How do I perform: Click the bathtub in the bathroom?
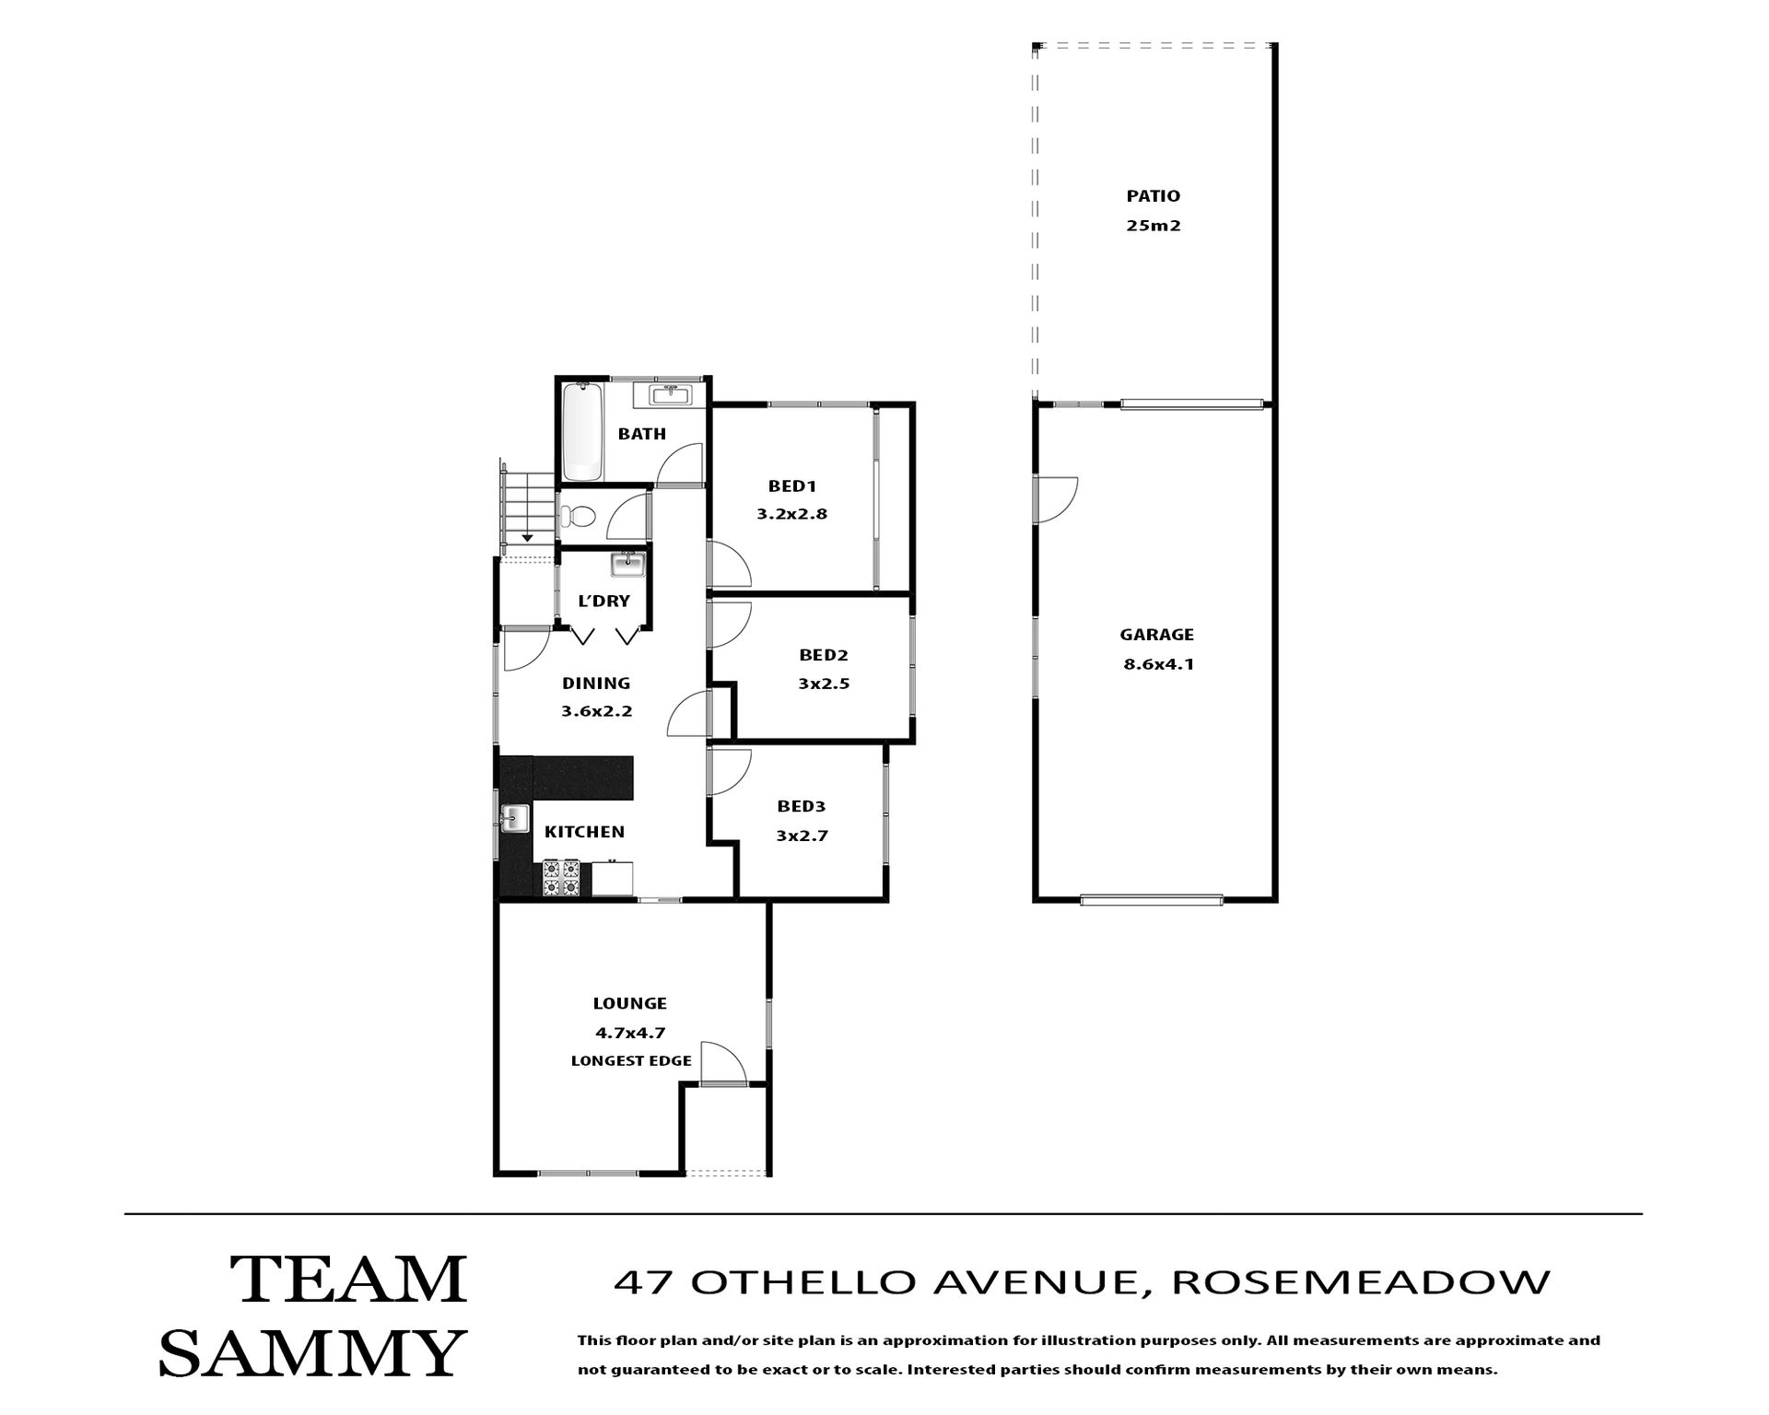[x=581, y=431]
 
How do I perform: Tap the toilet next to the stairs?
[x=579, y=518]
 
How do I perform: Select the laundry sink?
[x=628, y=564]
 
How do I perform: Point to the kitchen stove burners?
[x=561, y=877]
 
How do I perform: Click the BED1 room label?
[x=792, y=486]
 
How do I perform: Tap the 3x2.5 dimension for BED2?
[x=824, y=684]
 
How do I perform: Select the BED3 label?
[x=801, y=807]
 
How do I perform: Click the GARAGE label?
[x=1157, y=635]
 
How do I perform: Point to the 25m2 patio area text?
[x=1154, y=226]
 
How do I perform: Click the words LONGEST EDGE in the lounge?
[x=631, y=1061]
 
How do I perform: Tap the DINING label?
[x=596, y=684]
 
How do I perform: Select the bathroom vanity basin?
[x=670, y=395]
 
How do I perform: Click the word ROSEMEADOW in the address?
[x=1361, y=1282]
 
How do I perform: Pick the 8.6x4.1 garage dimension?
[x=1158, y=664]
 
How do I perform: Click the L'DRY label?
[x=603, y=602]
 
